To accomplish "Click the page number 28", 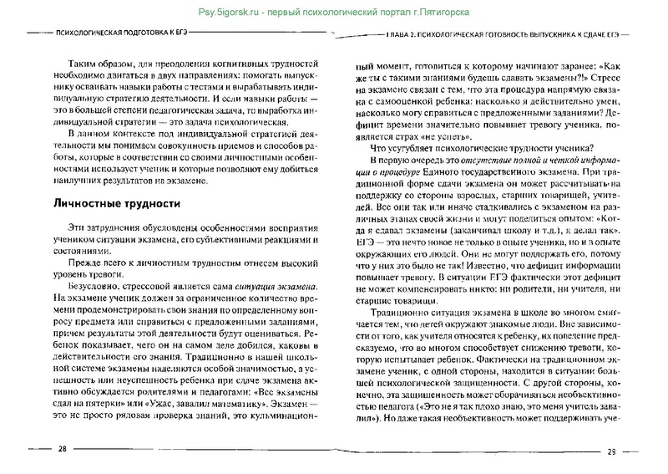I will click(62, 451).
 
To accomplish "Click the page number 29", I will click(610, 452).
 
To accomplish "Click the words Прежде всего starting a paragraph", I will click(83, 265).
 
